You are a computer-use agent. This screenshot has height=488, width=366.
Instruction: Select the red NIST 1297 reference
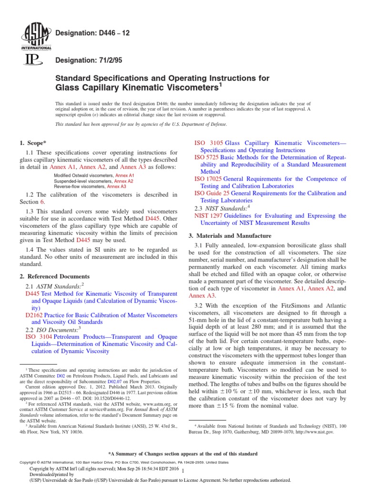pos(208,216)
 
